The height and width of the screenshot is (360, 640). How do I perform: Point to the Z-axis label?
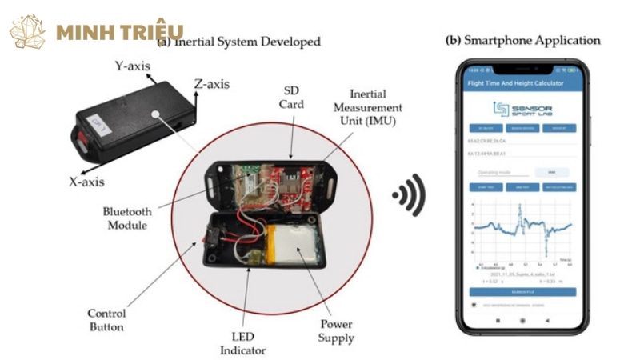tap(212, 82)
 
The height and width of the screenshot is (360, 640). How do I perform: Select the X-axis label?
tap(86, 182)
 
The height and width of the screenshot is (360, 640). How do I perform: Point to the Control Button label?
tap(106, 318)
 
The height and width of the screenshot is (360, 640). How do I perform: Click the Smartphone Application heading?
tap(522, 40)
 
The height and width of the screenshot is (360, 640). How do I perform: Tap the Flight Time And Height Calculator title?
tap(516, 83)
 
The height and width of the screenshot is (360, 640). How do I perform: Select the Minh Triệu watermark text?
tap(120, 32)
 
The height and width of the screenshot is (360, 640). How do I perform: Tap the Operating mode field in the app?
tap(504, 171)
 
